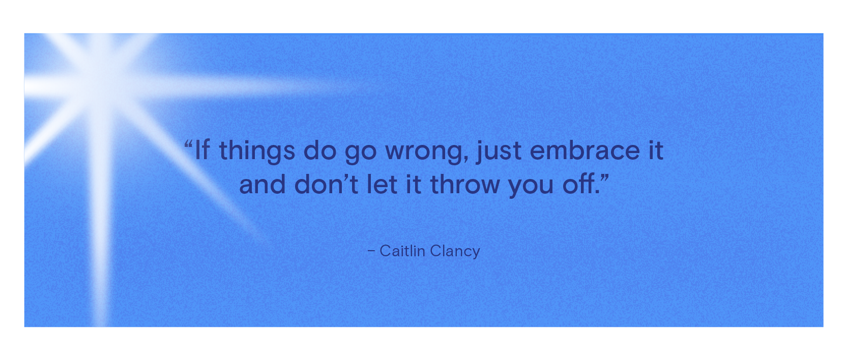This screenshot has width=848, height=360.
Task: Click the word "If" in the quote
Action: click(x=202, y=150)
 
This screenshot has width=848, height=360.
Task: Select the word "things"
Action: click(x=257, y=151)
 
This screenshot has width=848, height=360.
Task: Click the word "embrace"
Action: click(x=585, y=150)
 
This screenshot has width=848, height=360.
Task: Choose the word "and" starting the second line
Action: click(x=262, y=184)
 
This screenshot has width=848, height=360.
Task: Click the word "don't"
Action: click(x=326, y=184)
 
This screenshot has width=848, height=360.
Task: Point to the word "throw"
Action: click(x=465, y=184)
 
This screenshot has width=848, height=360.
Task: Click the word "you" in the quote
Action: click(x=531, y=187)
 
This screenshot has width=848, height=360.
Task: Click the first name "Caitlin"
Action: click(x=402, y=251)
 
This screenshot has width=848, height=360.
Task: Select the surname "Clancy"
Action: click(x=455, y=252)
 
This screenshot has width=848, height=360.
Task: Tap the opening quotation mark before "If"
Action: click(x=189, y=144)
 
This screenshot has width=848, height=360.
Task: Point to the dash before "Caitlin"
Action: click(x=371, y=251)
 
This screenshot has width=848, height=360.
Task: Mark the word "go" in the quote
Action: click(x=360, y=153)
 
